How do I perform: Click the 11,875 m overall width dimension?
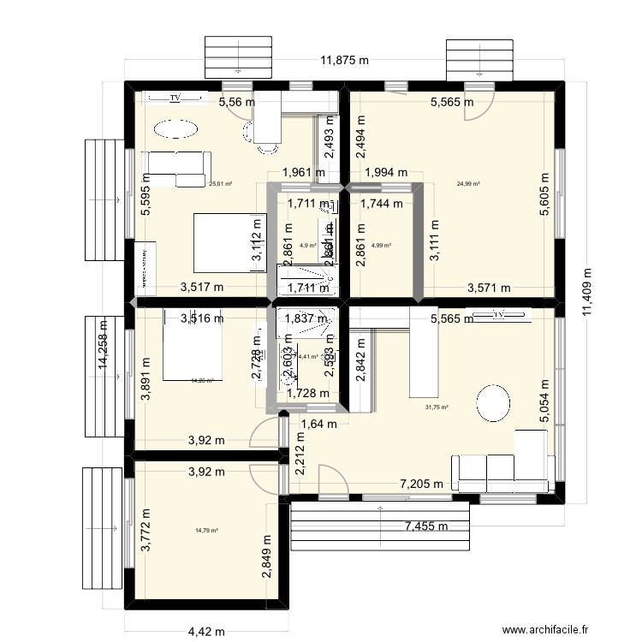pos(345,61)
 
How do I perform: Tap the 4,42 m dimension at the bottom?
pos(206,632)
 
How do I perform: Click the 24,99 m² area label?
pos(468,183)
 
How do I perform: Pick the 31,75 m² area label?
pos(437,407)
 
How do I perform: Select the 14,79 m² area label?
pos(206,531)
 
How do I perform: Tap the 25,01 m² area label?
pos(221,183)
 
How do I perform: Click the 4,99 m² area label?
pos(381,246)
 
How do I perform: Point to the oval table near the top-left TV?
pos(175,128)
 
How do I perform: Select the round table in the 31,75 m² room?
pos(494,403)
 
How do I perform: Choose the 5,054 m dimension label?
pos(544,402)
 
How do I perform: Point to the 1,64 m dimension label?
pos(318,423)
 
